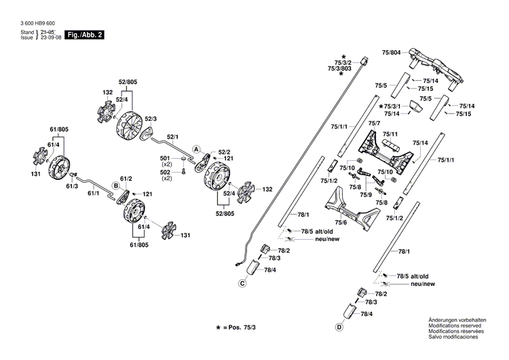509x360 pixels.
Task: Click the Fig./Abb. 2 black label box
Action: click(84, 35)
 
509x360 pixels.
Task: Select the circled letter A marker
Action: click(196, 149)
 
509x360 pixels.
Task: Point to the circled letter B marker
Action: click(116, 185)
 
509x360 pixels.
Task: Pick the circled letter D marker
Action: click(338, 327)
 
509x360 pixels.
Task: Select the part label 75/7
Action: click(374, 123)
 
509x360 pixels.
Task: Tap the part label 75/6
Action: click(341, 222)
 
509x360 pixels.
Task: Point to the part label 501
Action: click(166, 158)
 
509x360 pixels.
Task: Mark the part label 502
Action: click(166, 173)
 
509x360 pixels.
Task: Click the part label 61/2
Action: click(126, 178)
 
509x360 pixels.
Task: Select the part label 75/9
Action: click(366, 195)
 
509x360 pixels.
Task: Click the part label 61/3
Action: click(72, 185)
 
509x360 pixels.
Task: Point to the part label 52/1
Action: click(173, 137)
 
